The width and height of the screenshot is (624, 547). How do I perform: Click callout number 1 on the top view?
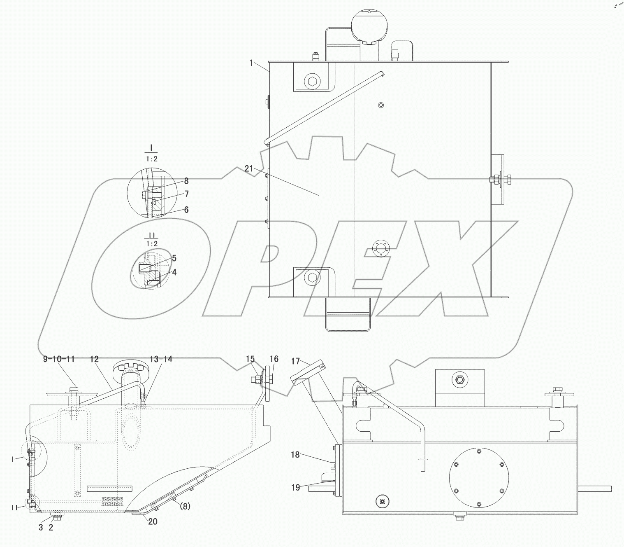251,63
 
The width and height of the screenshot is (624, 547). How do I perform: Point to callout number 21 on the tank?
248,168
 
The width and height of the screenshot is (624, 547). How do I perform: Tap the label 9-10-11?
59,359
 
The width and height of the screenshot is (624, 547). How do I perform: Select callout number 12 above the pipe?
94,359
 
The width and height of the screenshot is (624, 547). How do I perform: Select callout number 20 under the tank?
153,521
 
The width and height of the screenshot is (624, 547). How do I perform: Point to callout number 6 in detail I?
186,210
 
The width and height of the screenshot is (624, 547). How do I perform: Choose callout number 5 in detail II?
174,258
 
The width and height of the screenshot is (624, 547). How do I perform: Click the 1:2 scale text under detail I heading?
151,159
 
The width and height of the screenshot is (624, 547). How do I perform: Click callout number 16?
274,359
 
